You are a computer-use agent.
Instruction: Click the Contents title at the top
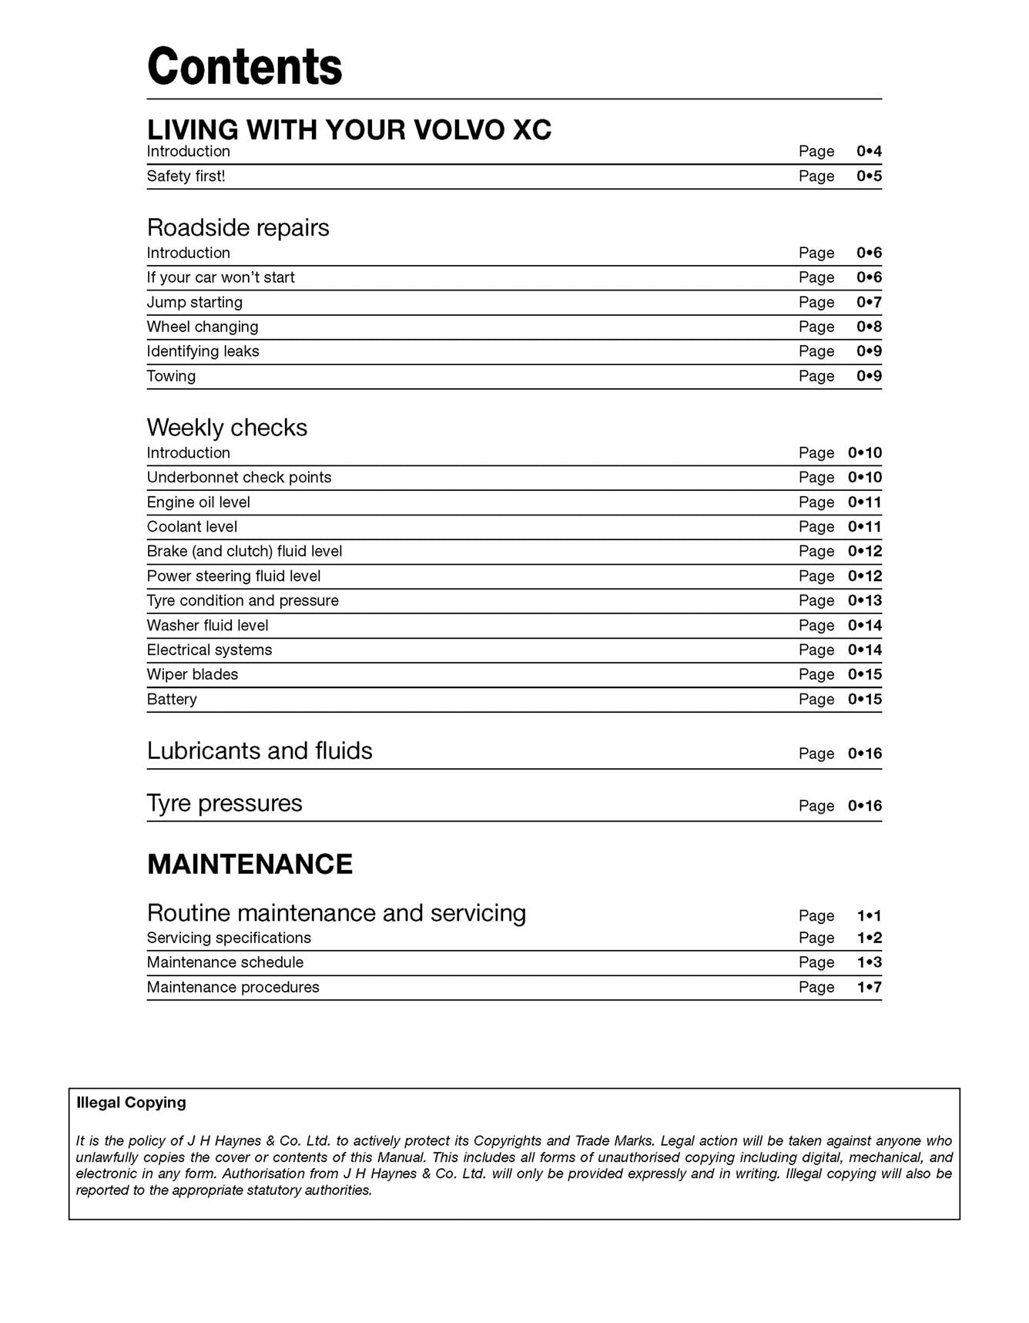click(244, 66)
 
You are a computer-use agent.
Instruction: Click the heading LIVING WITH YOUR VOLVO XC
click(349, 129)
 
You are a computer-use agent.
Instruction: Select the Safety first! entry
click(186, 176)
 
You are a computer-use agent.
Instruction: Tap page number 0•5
click(869, 176)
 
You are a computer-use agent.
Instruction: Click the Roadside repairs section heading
click(237, 227)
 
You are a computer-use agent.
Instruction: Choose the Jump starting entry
click(194, 302)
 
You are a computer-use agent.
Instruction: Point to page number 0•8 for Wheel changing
click(869, 327)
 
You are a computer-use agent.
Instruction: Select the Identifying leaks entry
click(203, 351)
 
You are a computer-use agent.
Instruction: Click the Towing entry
click(171, 376)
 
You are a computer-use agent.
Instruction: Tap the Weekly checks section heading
click(226, 427)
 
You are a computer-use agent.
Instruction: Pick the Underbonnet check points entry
click(239, 477)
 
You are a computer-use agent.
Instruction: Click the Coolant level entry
click(192, 526)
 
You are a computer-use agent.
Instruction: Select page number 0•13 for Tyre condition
click(864, 600)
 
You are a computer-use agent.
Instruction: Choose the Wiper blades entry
click(192, 674)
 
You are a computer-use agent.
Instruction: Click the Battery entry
click(172, 699)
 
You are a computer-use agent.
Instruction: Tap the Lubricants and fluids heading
click(259, 750)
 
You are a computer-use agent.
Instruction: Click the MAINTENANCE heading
click(250, 864)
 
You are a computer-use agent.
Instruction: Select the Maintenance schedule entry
click(225, 962)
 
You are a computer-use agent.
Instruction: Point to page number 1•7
click(869, 987)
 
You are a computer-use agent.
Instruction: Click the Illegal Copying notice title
click(131, 1103)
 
